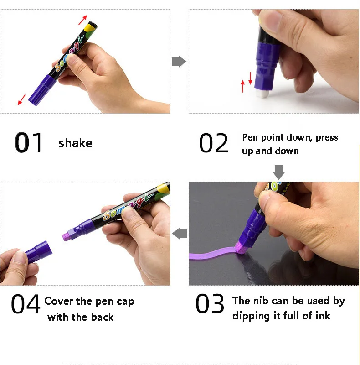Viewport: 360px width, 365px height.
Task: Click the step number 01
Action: [29, 143]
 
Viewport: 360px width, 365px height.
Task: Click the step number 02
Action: [213, 143]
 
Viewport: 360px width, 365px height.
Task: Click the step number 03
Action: [210, 304]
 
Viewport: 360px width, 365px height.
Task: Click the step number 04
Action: [26, 304]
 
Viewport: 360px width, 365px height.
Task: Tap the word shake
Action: [75, 143]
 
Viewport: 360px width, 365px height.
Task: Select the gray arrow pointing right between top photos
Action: [179, 62]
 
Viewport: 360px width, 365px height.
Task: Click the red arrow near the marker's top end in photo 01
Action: [82, 20]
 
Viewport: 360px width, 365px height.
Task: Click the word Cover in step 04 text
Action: [59, 302]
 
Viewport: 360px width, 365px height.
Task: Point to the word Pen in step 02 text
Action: [250, 137]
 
